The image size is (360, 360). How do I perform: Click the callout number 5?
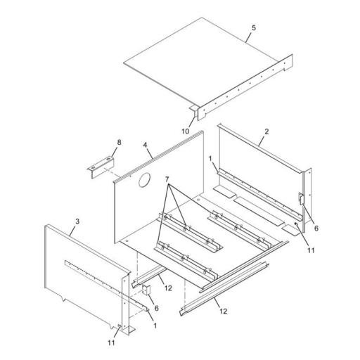pos(254,28)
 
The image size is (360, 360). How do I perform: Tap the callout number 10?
pos(186,131)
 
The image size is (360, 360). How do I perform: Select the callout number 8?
pos(119,142)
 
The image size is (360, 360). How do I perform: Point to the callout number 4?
pos(146,145)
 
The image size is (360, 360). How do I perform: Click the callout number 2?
pos(266,131)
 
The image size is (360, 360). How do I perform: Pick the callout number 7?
pos(167,179)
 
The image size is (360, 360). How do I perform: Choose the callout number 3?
pos(77,221)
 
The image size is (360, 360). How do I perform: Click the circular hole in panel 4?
pos(144,180)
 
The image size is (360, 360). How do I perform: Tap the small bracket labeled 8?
pos(101,167)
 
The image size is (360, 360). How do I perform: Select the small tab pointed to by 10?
pos(194,110)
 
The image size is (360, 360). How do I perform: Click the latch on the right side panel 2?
pos(301,199)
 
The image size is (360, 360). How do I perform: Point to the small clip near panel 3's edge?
pos(146,290)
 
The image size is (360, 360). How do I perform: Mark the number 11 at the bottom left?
pos(111,342)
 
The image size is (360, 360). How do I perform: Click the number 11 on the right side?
pos(311,250)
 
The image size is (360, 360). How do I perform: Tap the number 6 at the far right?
pos(316,228)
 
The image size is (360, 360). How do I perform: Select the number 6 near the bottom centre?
pos(157,308)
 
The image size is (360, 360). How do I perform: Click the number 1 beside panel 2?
pos(210,159)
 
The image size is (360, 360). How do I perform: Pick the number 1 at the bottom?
pos(155,326)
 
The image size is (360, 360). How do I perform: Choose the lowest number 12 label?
pos(224,311)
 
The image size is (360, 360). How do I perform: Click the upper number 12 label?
pos(168,288)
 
